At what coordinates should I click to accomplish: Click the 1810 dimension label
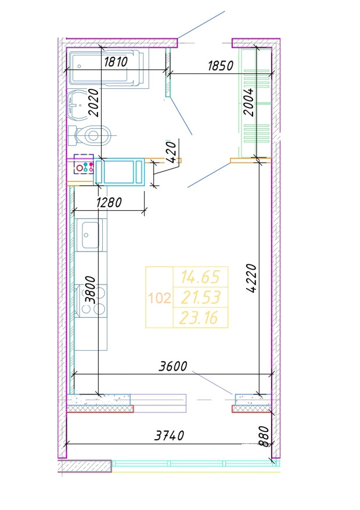tap(116, 62)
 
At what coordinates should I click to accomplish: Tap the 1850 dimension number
tap(221, 66)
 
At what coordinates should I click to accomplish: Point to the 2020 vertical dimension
tap(93, 103)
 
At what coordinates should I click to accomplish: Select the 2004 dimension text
tap(249, 102)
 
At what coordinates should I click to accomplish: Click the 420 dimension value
tap(171, 152)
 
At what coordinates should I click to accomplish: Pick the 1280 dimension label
tap(109, 203)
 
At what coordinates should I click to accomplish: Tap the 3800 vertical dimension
tap(90, 290)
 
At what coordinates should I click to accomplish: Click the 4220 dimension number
tap(251, 278)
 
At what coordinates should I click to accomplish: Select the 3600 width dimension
tap(172, 367)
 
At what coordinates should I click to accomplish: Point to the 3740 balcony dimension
tap(169, 436)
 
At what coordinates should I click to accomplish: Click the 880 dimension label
tap(265, 436)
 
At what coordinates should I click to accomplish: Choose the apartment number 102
tap(159, 297)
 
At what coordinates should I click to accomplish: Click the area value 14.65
tap(201, 277)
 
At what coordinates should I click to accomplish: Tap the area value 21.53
tap(201, 297)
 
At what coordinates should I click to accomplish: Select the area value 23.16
tap(199, 318)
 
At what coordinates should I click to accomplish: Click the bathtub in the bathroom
tap(107, 69)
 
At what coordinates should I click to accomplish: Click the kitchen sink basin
tap(90, 235)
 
